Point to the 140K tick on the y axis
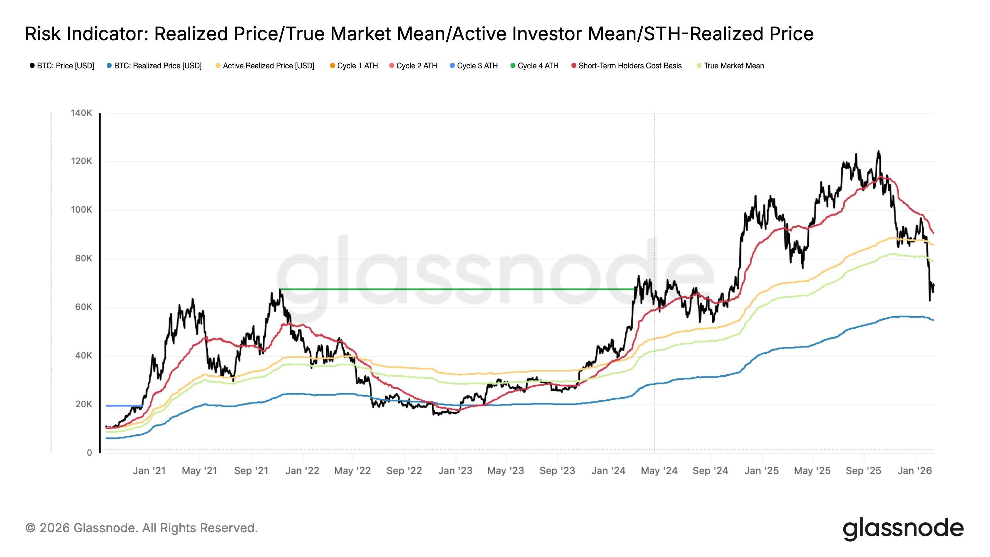click(x=81, y=113)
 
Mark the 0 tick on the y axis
click(x=89, y=453)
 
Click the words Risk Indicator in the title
click(x=86, y=34)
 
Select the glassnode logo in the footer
click(x=903, y=529)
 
